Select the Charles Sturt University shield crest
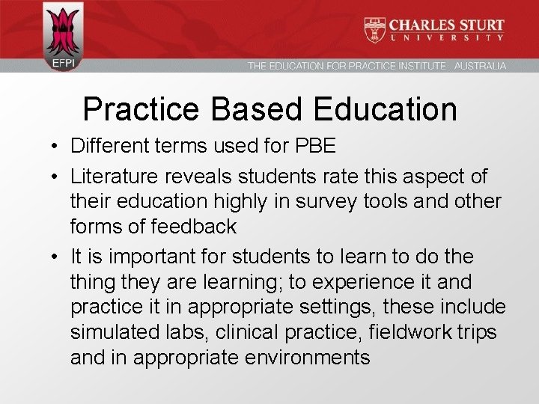tap(374, 29)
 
